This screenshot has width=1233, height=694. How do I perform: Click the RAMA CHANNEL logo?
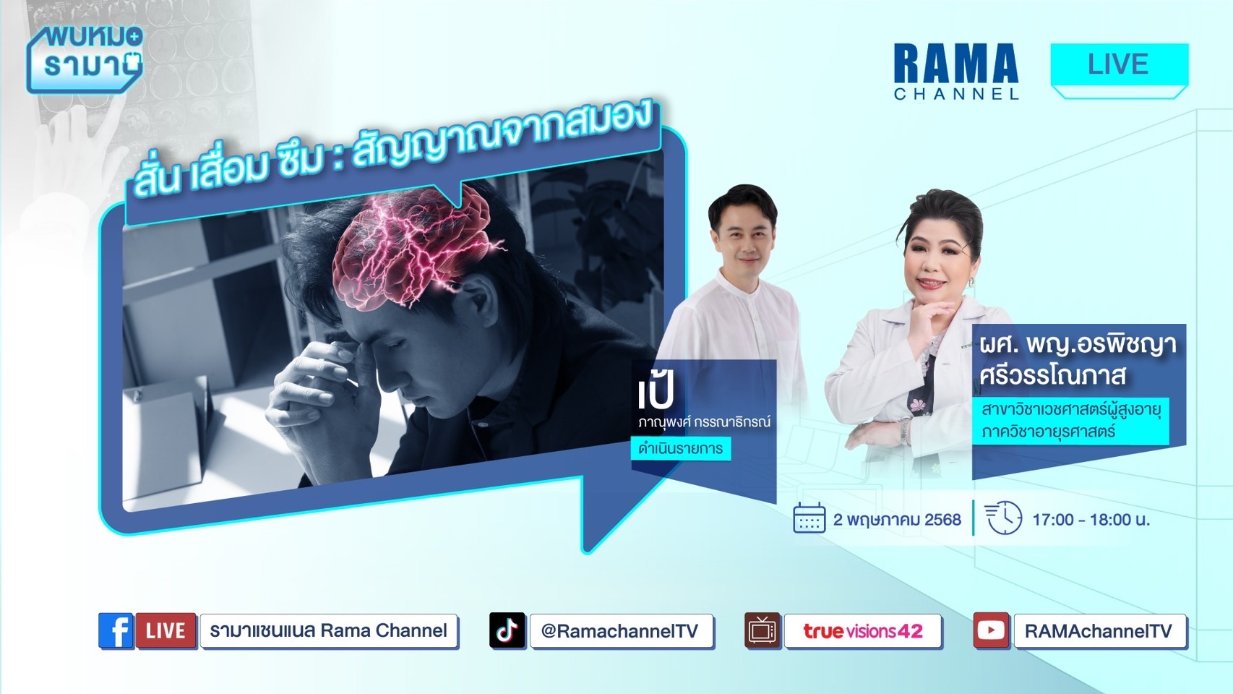[x=956, y=72]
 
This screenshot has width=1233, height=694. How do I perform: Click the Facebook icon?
[x=116, y=630]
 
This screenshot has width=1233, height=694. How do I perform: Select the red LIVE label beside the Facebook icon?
[x=166, y=630]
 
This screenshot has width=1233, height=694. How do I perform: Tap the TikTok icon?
[x=507, y=630]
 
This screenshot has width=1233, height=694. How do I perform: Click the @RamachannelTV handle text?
[x=619, y=630]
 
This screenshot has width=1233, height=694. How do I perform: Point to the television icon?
[x=762, y=630]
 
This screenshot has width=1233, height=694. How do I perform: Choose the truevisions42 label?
[x=862, y=630]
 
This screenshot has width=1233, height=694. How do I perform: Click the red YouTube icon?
[x=991, y=630]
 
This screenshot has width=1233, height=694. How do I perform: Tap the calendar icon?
[x=809, y=518]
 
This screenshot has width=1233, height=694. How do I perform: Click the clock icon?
[x=1003, y=518]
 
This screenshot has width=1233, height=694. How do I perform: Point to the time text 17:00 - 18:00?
[x=1091, y=519]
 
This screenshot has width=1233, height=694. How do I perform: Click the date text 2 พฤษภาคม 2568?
[x=897, y=519]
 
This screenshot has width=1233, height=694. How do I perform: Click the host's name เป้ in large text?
[x=656, y=391]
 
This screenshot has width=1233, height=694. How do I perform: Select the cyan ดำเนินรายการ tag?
[x=681, y=448]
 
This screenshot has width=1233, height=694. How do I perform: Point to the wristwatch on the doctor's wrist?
[x=905, y=432]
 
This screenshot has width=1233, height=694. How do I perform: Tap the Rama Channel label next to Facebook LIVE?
[x=329, y=630]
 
